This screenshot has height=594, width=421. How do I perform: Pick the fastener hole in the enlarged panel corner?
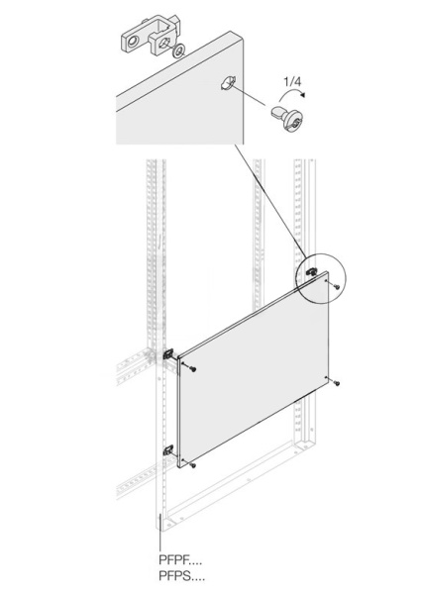[x=226, y=85]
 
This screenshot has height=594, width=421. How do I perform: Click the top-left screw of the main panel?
[x=192, y=368]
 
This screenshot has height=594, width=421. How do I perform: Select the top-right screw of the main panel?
[x=338, y=287]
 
